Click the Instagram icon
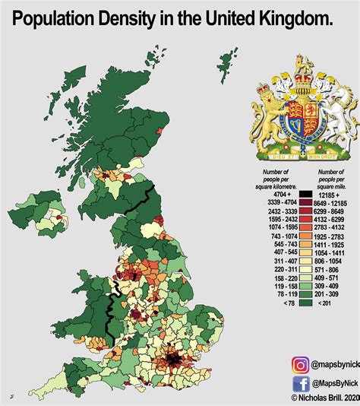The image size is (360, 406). (x=279, y=364)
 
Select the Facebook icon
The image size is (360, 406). (x=279, y=382)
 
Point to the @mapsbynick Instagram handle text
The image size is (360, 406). (x=321, y=365)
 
